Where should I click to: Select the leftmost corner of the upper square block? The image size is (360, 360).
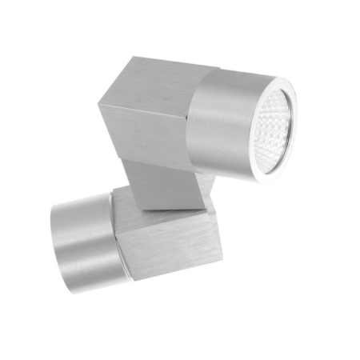100,104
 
